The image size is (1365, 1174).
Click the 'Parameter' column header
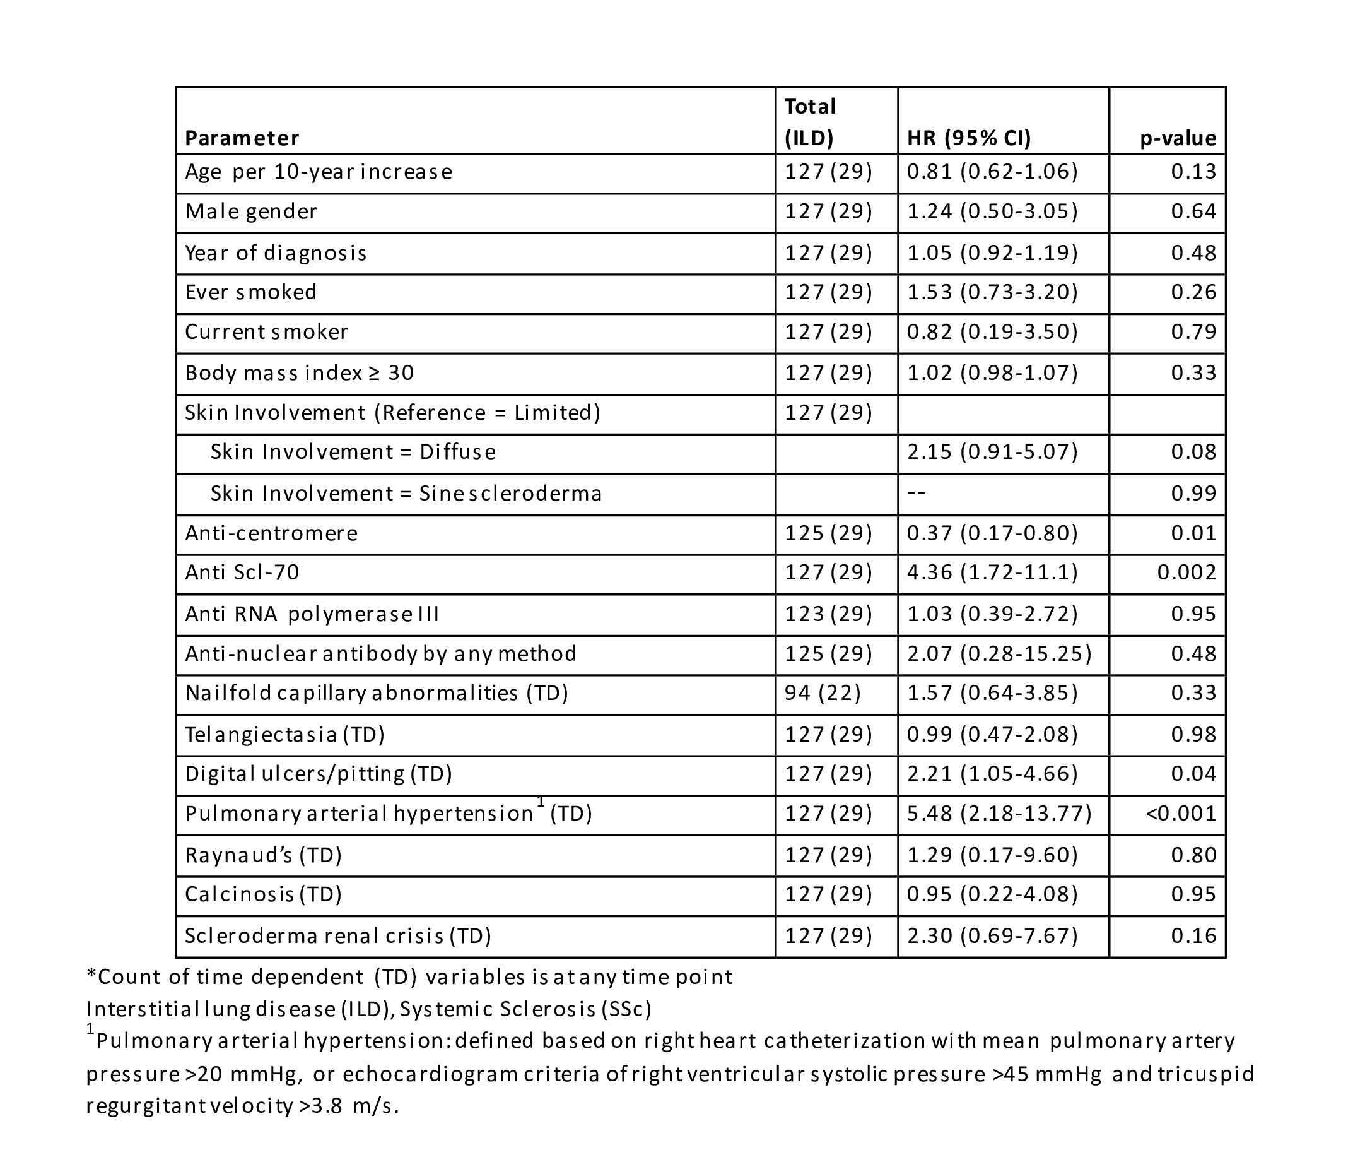click(242, 138)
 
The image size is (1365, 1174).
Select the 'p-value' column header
click(1178, 138)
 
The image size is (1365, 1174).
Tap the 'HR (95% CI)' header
click(968, 138)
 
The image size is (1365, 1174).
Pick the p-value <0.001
click(1181, 813)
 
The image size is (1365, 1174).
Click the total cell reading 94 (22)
click(823, 692)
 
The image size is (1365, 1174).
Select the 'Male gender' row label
click(251, 211)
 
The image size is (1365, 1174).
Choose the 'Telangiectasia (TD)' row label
click(284, 733)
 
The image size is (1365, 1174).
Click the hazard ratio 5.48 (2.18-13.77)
click(999, 813)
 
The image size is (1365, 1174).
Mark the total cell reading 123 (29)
click(828, 614)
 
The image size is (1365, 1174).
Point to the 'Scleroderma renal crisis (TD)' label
click(338, 935)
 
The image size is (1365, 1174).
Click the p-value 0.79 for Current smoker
click(1193, 331)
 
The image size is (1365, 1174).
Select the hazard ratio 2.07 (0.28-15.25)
click(999, 653)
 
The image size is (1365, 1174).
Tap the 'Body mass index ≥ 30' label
click(299, 372)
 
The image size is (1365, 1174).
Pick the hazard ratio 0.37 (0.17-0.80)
click(992, 533)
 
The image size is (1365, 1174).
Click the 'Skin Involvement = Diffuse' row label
click(353, 451)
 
